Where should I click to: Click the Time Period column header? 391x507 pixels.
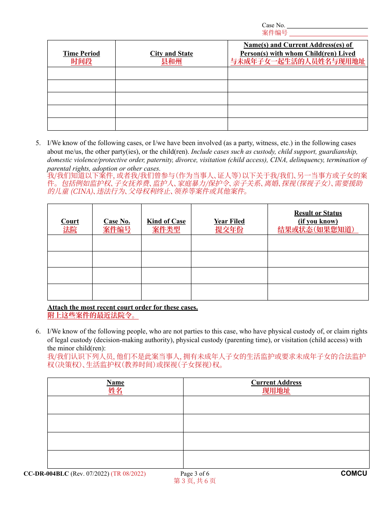pos(81,54)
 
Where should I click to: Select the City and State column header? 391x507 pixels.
pos(171,54)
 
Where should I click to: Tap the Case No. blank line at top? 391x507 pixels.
pos(327,25)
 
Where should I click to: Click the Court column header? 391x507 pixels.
pos(70,221)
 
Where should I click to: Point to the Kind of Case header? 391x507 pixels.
pos(166,221)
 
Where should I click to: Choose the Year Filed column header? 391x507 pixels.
pos(229,221)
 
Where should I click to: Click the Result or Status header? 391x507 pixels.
pos(318,213)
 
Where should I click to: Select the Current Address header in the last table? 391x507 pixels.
pos(276,383)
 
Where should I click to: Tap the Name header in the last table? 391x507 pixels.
pos(115,383)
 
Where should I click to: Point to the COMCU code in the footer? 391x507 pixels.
pos(354,474)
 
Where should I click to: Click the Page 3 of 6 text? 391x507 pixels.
pos(195,474)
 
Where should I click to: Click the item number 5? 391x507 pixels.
pos(38,143)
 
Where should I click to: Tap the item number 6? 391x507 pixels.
pos(38,331)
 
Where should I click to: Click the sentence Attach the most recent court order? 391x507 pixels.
pos(123,307)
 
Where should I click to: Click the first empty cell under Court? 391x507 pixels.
pos(70,243)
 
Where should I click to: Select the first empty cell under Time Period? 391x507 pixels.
pos(81,73)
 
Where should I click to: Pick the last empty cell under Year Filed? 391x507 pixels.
pos(229,292)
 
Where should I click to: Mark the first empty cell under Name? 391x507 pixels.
pos(115,405)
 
